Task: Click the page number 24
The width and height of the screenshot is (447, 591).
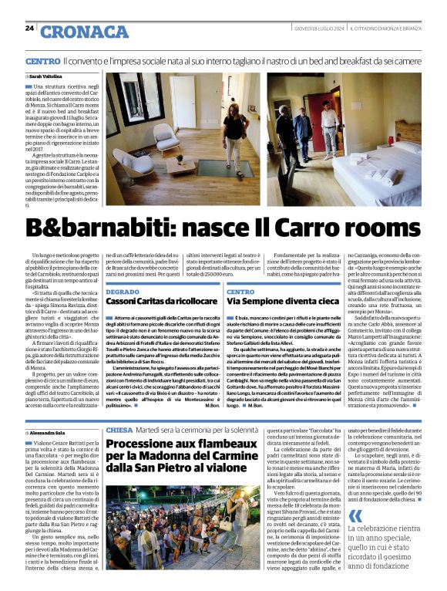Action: tap(29, 28)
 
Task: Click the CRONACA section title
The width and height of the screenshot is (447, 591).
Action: tap(85, 32)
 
